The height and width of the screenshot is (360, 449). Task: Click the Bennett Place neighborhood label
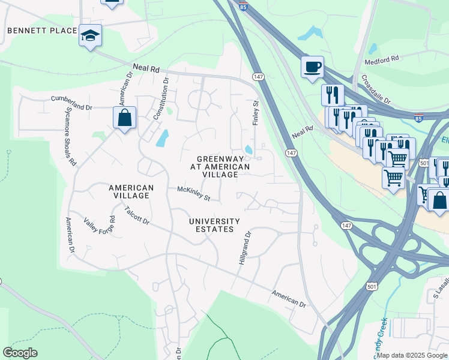(42, 31)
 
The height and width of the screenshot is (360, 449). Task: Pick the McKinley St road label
(194, 193)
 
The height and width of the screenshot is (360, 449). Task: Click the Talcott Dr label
(137, 215)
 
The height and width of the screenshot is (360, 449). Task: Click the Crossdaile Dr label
(375, 89)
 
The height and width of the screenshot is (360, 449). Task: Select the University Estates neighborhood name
(214, 226)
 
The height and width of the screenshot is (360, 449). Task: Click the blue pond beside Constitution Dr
(161, 139)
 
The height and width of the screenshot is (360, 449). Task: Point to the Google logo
(20, 353)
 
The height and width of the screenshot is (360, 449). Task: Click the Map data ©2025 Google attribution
(412, 355)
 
